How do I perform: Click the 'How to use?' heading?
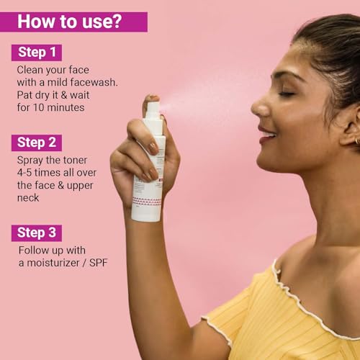pos(70,22)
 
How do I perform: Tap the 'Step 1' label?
pos(37,53)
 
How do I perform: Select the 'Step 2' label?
pos(37,143)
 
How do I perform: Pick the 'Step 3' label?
pos(37,233)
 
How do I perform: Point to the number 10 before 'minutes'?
pos(38,107)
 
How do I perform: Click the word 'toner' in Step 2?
pos(75,160)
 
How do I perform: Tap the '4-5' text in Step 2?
pos(24,173)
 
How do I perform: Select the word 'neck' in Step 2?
pos(28,198)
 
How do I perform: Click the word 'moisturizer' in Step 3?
pos(53,263)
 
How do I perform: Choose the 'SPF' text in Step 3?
pos(98,263)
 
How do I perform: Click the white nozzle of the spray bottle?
pos(154,109)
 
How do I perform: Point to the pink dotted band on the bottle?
pos(146,202)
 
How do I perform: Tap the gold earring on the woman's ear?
pos(357,140)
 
